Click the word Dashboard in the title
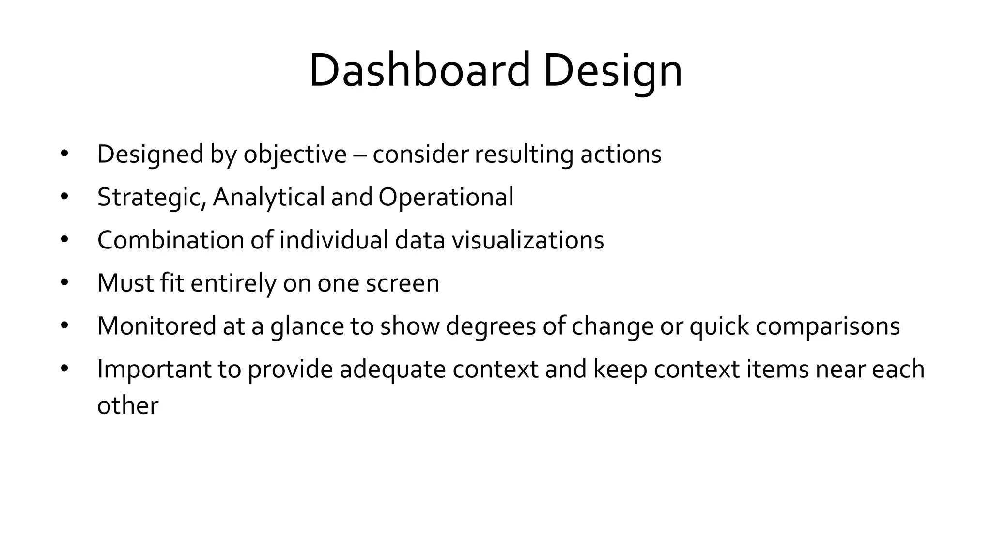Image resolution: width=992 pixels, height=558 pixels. tap(419, 71)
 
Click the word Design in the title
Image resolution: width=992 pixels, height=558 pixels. tap(613, 71)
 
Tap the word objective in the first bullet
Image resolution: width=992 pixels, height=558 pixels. tap(295, 155)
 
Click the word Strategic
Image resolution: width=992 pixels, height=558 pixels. tap(151, 197)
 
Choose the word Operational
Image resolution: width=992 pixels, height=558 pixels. tap(446, 197)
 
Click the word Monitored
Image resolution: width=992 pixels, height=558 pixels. tap(156, 326)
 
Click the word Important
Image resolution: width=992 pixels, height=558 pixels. tap(154, 369)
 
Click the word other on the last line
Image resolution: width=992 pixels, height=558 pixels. tap(127, 406)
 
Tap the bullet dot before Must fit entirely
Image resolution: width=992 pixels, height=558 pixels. tap(65, 282)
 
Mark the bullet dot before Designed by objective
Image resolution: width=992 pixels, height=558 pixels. tap(65, 154)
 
